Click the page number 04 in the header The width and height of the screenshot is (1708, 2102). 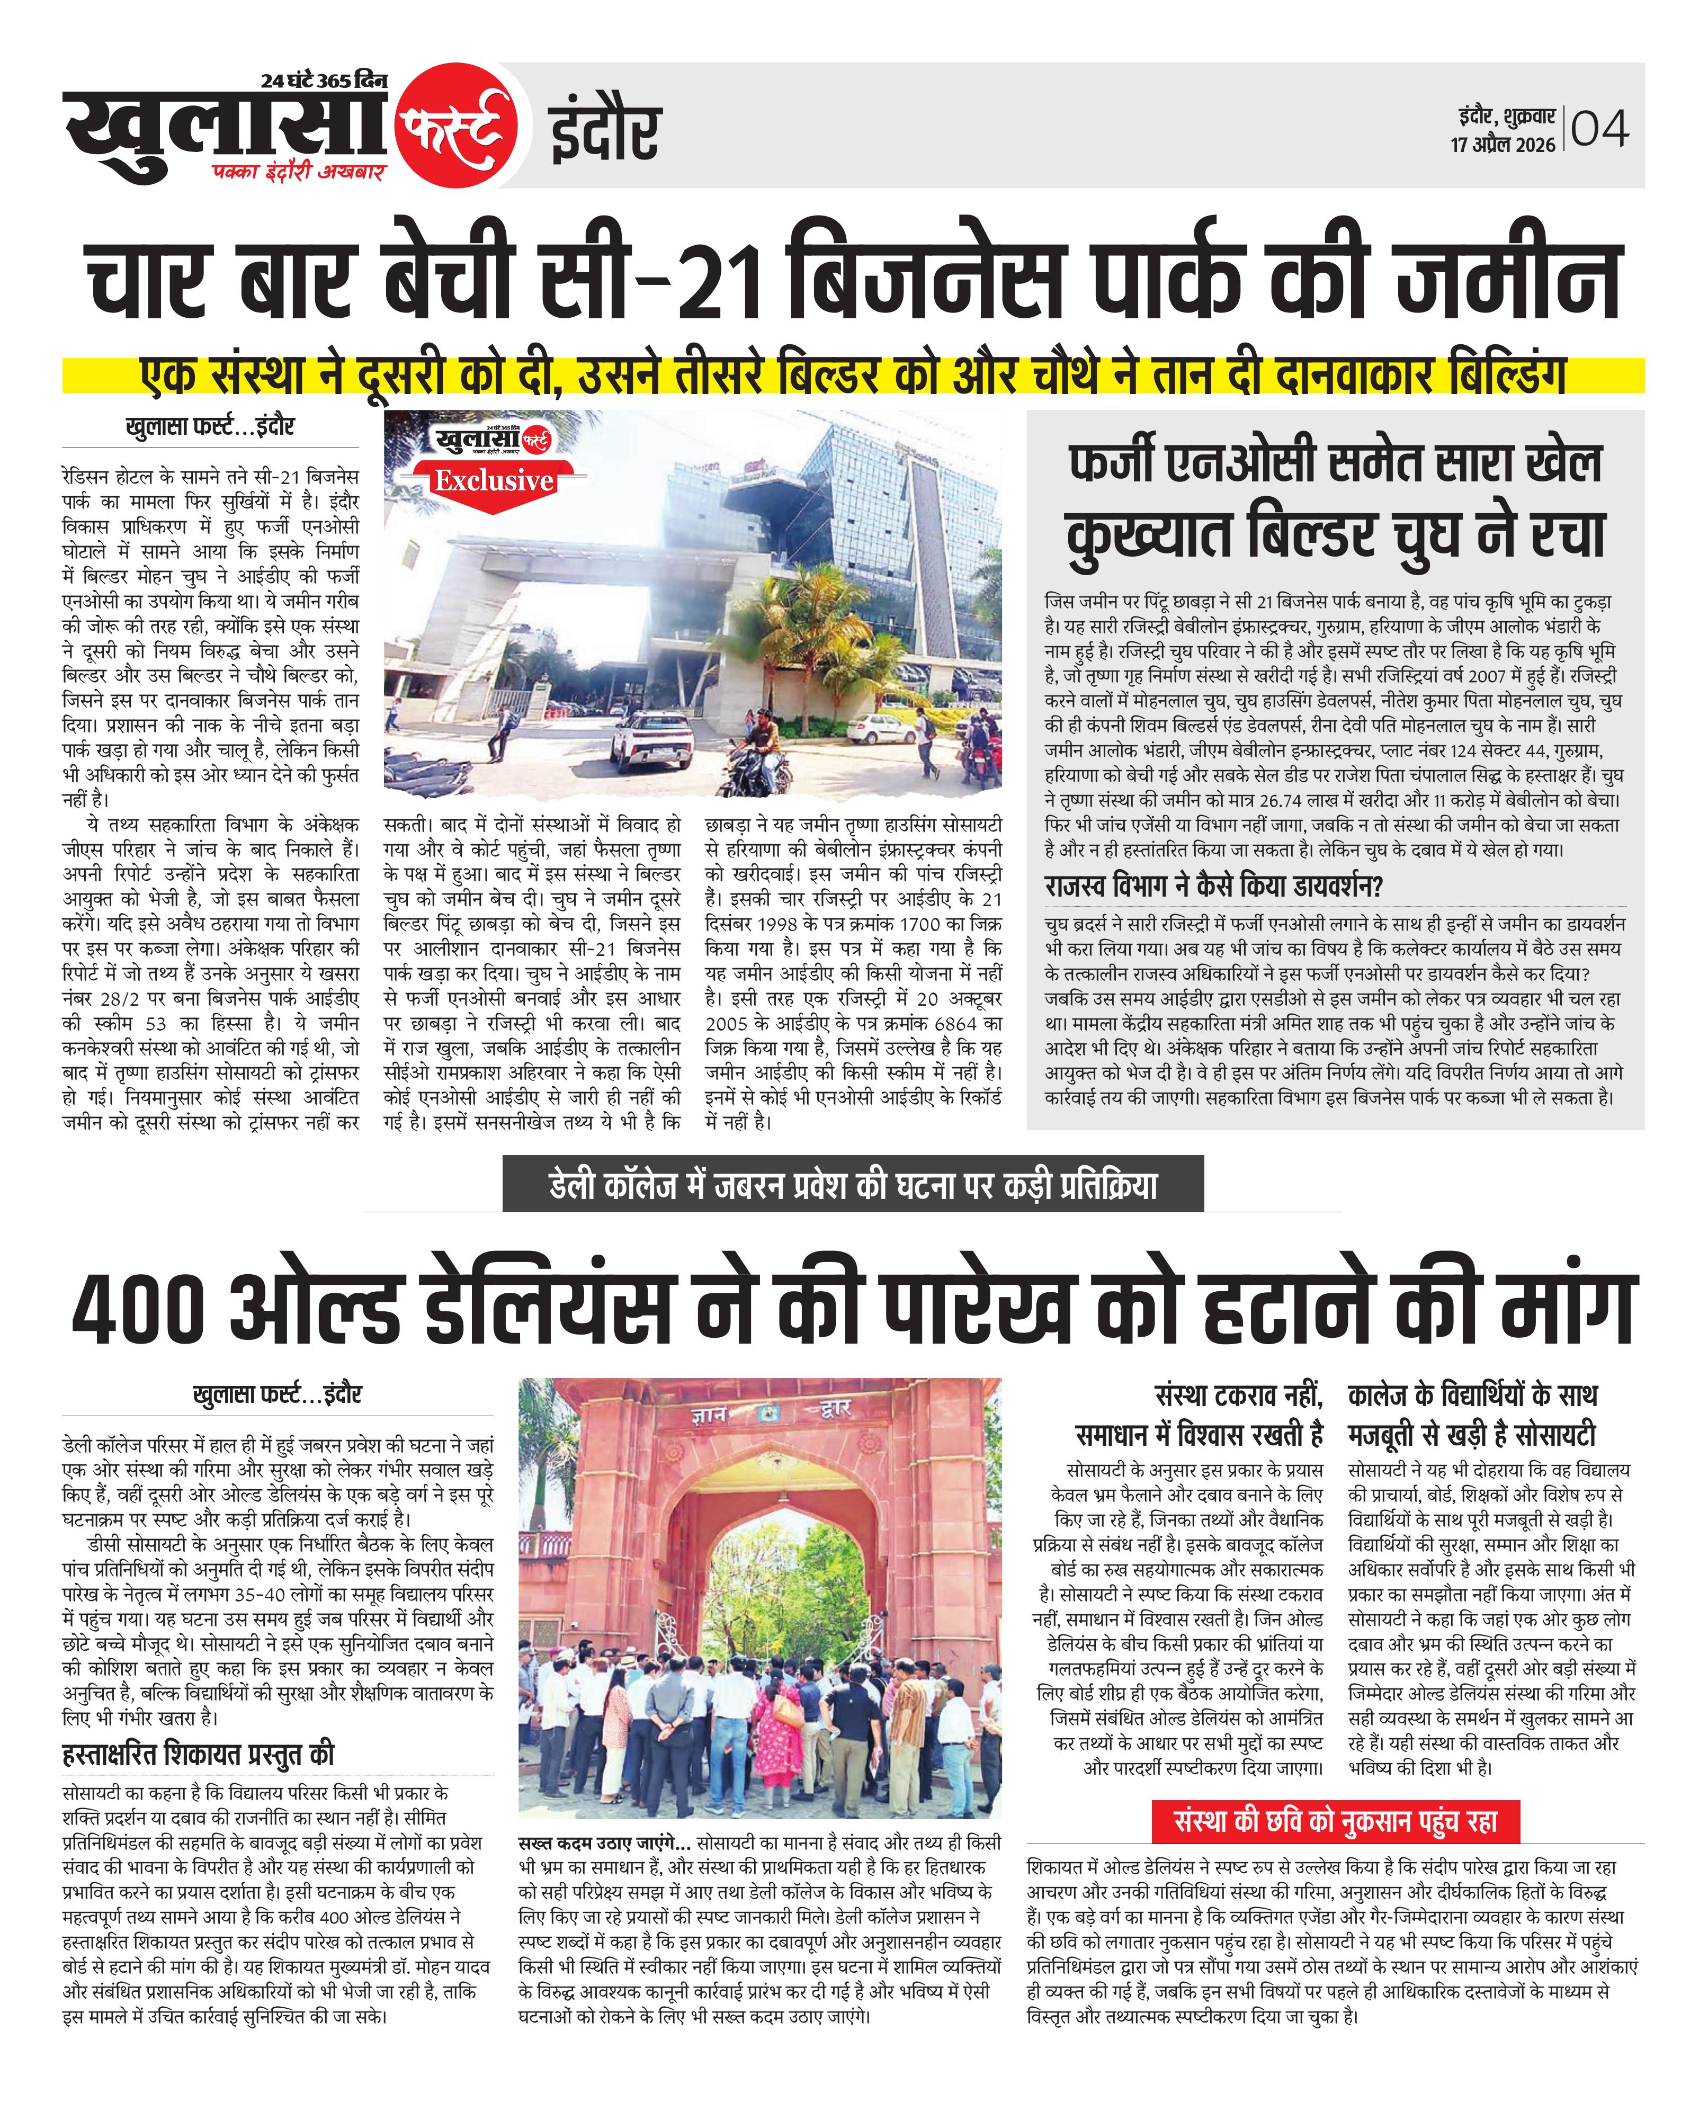(1600, 129)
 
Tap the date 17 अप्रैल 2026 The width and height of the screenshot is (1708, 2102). (1503, 145)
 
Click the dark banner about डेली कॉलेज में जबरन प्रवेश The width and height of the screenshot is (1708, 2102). (853, 1185)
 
